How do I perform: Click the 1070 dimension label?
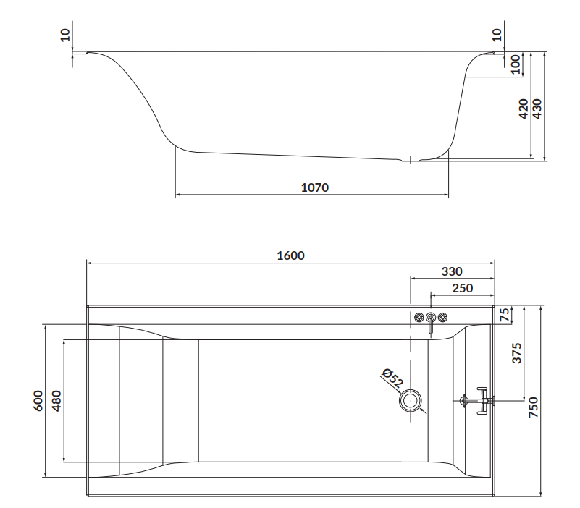click(x=314, y=187)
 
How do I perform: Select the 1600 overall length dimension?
click(x=290, y=255)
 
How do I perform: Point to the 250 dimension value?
click(x=461, y=288)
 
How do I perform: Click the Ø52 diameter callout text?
click(x=392, y=378)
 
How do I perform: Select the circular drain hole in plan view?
click(x=411, y=399)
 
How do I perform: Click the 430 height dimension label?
click(x=537, y=108)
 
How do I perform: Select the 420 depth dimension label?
click(x=524, y=108)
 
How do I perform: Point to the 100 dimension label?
click(x=516, y=64)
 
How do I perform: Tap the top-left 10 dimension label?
click(x=66, y=35)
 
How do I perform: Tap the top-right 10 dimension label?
click(x=497, y=35)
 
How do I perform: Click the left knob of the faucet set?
click(x=419, y=318)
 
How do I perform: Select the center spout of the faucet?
click(x=431, y=321)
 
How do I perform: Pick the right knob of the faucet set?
click(x=443, y=318)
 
